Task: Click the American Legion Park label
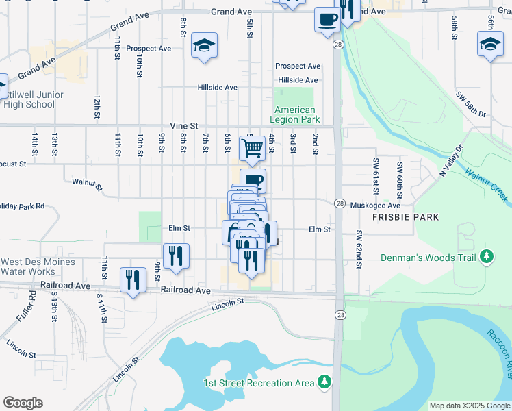pyautogui.click(x=295, y=114)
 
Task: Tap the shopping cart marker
pyautogui.click(x=253, y=147)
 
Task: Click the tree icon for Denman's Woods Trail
pyautogui.click(x=487, y=256)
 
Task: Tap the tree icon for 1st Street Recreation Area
pyautogui.click(x=326, y=382)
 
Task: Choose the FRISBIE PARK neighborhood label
pyautogui.click(x=405, y=216)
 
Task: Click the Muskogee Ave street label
pyautogui.click(x=374, y=205)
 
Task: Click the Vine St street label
pyautogui.click(x=183, y=126)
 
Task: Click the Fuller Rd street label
pyautogui.click(x=31, y=306)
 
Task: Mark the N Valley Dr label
pyautogui.click(x=451, y=159)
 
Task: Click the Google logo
pyautogui.click(x=23, y=403)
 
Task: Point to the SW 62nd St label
pyautogui.click(x=358, y=249)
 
